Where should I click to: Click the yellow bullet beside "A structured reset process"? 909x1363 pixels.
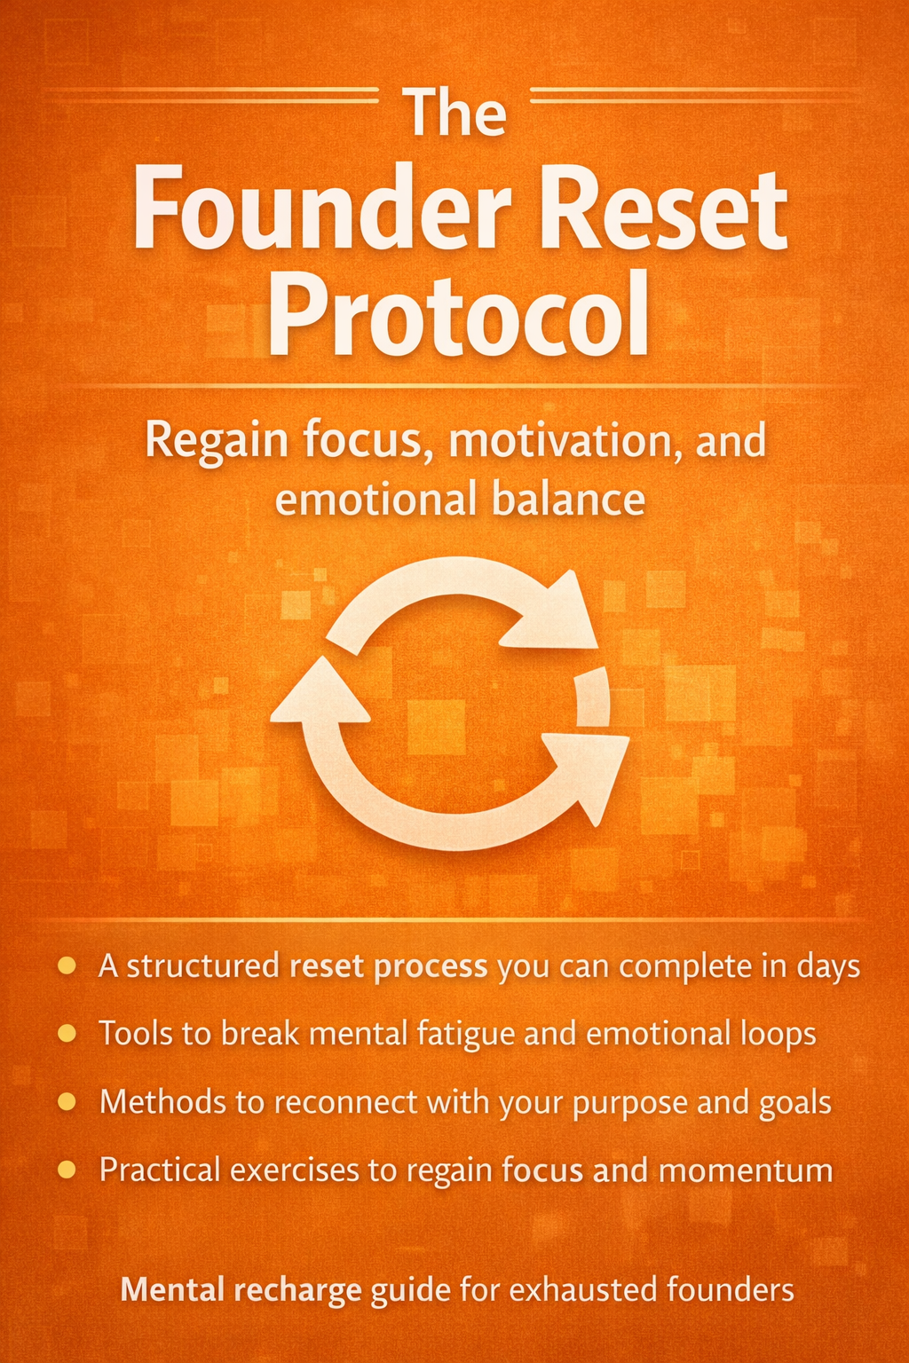[66, 965]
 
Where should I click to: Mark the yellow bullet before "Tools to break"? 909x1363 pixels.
[66, 1033]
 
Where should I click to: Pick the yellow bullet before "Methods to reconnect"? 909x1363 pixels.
[66, 1101]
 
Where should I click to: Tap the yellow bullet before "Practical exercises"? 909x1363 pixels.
[66, 1170]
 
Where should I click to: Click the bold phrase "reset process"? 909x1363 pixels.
[389, 965]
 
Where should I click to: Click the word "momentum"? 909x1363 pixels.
[746, 1170]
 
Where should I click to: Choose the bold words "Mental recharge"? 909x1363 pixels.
[241, 1289]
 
